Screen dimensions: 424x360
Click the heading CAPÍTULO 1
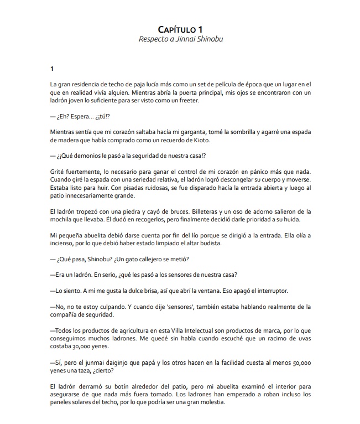(180, 29)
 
